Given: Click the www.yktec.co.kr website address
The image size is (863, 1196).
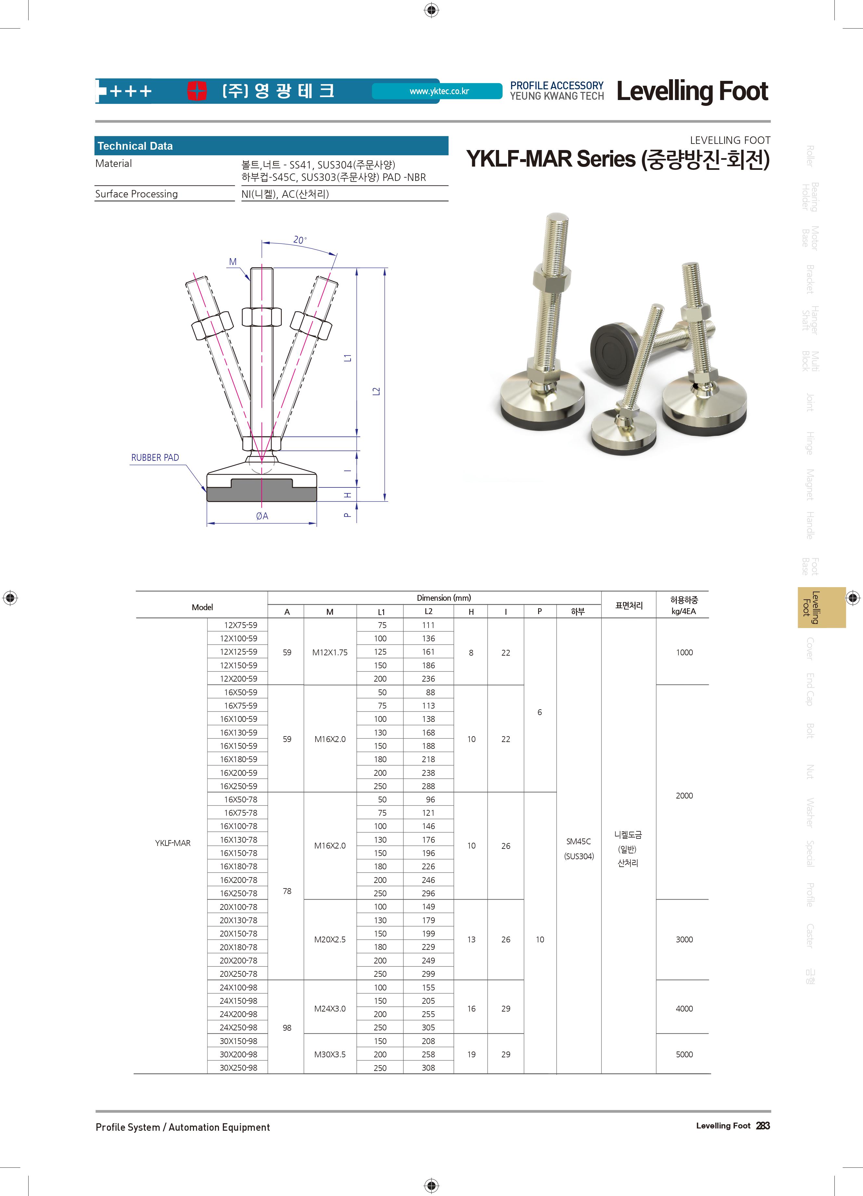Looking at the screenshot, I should pos(439,91).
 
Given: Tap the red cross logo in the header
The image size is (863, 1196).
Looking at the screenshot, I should pos(197,91).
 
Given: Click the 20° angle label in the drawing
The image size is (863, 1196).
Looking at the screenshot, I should pos(300,240).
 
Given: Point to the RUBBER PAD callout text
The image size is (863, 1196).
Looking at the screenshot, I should pos(155,458).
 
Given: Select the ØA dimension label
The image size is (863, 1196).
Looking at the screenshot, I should pos(262,516).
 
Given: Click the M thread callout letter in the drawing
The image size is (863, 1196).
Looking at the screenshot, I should pos(233,262).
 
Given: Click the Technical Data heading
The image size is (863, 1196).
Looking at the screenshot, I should pos(135,146).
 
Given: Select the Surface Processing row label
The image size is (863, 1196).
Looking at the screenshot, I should pos(136,194).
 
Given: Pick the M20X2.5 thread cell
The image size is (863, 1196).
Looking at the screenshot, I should pos(330,940).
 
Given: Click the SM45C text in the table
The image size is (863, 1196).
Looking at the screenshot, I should pos(579,842).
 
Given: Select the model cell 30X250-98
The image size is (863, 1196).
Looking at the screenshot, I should pos(238,1068).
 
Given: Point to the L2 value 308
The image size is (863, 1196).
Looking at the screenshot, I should pos(428,1068).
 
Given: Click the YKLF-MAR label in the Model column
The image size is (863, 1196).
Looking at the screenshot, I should pos(173,843).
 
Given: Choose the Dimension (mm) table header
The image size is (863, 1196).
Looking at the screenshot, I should pos(444,598).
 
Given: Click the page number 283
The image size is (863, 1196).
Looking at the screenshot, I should pos(763,1126).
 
